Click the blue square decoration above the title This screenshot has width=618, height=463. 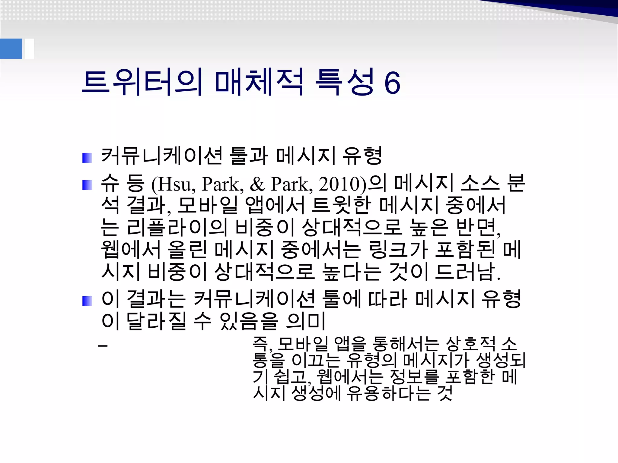pos(11,49)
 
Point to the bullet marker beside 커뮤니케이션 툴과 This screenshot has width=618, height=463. pos(87,158)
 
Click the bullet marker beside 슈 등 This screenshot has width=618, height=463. pos(87,185)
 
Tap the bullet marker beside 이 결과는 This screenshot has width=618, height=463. pos(87,301)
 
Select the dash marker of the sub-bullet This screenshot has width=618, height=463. pos(103,345)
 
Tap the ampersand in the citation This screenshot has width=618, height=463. pos(257,184)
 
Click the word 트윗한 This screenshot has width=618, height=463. pos(341,205)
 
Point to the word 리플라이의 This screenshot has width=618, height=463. pos(177,227)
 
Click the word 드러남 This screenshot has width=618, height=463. pos(468,272)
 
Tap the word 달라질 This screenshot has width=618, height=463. pos(156,321)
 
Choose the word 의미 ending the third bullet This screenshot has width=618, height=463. pos(306,321)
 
